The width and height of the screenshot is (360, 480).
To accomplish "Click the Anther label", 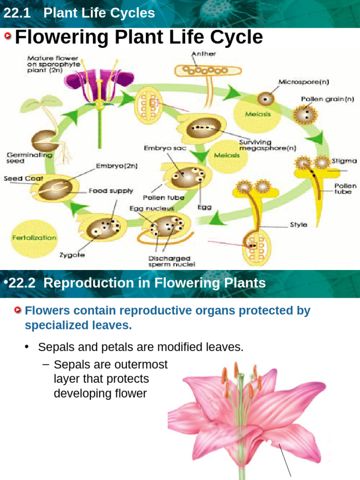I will [203, 54].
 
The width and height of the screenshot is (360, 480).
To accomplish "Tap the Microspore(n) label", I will [304, 82].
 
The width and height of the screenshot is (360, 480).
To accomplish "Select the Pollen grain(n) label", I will [328, 99].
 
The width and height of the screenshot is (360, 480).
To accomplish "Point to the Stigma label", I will [344, 161].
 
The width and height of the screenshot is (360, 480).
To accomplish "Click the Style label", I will [299, 225].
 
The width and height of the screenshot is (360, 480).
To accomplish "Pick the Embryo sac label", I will [165, 148].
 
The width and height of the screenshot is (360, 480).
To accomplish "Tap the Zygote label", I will [69, 255].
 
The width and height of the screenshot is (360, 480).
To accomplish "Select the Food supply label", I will [111, 191].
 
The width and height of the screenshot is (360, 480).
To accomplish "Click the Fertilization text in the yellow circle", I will [34, 238].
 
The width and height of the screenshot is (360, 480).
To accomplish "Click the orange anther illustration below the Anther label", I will [208, 70].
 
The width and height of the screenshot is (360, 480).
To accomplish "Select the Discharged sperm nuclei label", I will [169, 261].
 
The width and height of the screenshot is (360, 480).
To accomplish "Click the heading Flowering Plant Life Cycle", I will [139, 37].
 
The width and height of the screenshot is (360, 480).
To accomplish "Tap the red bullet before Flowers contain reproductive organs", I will [18, 311].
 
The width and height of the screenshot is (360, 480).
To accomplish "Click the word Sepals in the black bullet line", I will [53, 347].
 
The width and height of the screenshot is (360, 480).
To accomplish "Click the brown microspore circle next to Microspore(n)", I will [265, 99].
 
